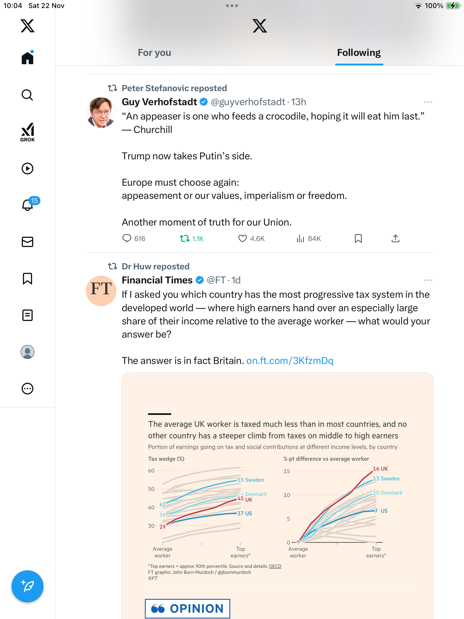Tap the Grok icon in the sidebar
(27, 132)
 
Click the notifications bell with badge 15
(28, 205)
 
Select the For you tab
(154, 53)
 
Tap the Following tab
(359, 53)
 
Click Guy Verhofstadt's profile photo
(101, 112)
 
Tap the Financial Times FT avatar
(101, 291)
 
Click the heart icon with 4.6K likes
(243, 238)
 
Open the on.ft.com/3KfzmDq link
(290, 361)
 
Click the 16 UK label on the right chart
(380, 469)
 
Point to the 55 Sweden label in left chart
(251, 480)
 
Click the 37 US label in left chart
(245, 513)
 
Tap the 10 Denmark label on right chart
(388, 493)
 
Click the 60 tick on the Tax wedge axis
(151, 471)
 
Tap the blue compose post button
(27, 586)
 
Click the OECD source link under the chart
(275, 566)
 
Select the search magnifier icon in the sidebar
(27, 95)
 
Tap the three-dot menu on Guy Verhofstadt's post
(428, 102)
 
